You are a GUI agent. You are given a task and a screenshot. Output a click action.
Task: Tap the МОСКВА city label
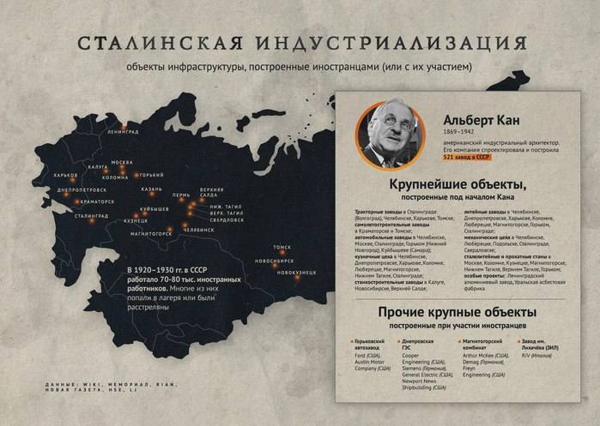pyautogui.click(x=123, y=162)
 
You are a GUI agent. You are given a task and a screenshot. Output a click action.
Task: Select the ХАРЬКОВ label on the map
pyautogui.click(x=66, y=175)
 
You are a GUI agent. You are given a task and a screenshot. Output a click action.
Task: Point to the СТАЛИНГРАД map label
pyautogui.click(x=90, y=216)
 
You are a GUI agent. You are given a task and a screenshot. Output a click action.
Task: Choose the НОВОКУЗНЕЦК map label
pyautogui.click(x=296, y=272)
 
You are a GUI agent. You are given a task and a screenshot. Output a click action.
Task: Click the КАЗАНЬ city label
pyautogui.click(x=152, y=189)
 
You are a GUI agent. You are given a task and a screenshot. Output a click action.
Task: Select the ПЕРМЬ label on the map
pyautogui.click(x=181, y=195)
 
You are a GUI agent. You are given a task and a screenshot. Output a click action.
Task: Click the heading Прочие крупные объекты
pyautogui.click(x=457, y=312)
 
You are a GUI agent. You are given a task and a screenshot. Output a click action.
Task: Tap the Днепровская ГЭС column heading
pyautogui.click(x=417, y=344)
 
